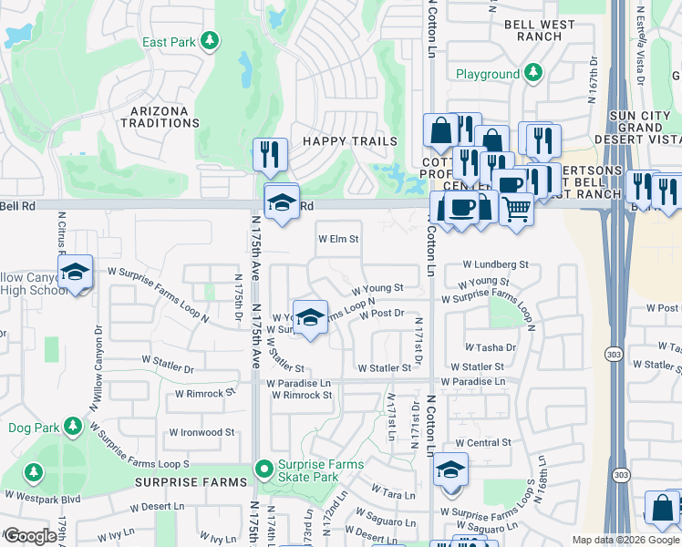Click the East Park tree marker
coord(211,41)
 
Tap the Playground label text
coord(487,74)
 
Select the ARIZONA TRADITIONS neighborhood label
coord(154,117)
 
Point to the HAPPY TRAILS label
coord(350,141)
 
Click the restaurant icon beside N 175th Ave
coord(270,154)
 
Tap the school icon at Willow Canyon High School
coord(76,272)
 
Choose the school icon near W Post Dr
coord(310,317)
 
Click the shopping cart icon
coord(516,209)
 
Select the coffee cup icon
coord(461,206)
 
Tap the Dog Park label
coord(33,427)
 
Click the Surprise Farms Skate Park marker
coord(263,470)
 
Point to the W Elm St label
coord(338,240)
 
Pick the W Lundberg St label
coord(495,264)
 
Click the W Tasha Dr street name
coord(490,347)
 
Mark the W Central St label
coord(481,443)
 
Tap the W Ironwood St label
coord(201,433)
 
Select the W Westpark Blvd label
coord(43,498)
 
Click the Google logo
coord(29,536)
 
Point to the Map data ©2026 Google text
coord(625,540)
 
